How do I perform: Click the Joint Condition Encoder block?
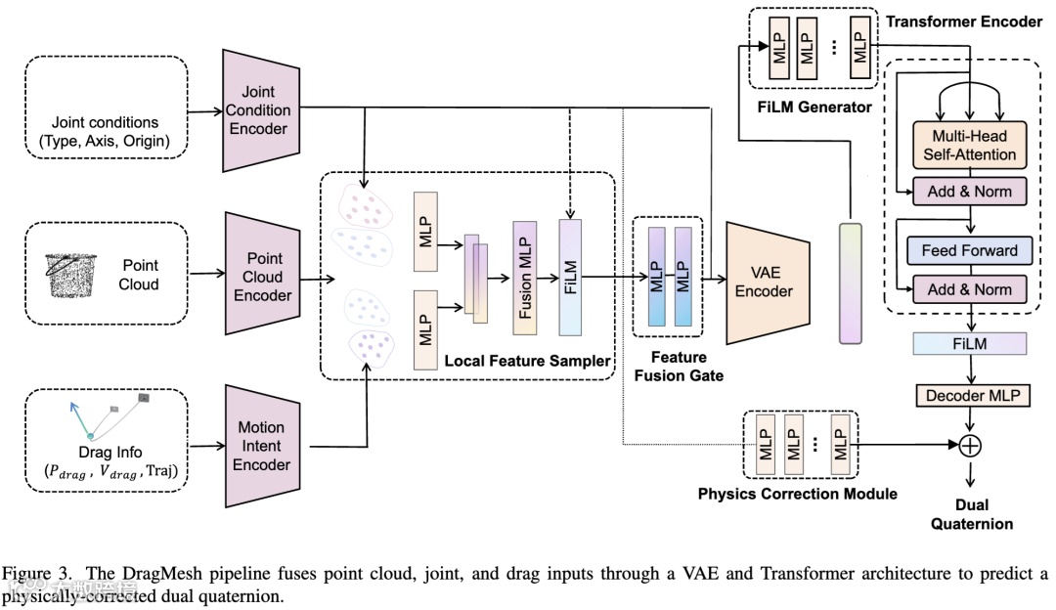coord(257,111)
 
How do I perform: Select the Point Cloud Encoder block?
coord(262,277)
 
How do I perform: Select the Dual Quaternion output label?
coord(971,514)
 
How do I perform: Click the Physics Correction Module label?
coord(797,494)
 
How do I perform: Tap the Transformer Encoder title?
coord(964,21)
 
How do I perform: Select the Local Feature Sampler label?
coord(527,361)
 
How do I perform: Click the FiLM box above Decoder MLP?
coord(969,343)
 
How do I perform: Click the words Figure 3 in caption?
coord(30,573)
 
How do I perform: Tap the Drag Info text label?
coord(110,453)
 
